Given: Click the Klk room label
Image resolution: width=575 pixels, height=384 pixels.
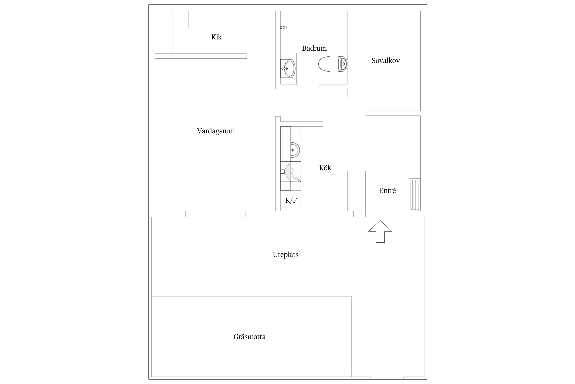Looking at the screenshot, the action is tap(216, 37).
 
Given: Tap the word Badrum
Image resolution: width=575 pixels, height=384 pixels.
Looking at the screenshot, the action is tap(314, 48).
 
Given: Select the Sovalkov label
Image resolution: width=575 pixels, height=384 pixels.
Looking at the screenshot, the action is tap(386, 61).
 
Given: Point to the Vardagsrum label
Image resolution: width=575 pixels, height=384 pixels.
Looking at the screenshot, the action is tap(216, 131).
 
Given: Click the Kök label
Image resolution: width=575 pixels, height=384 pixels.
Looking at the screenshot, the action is tap(325, 168).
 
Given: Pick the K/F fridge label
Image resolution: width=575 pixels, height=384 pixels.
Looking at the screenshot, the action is tap(291, 200).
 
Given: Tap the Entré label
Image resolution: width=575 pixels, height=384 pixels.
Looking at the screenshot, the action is tap(387, 190).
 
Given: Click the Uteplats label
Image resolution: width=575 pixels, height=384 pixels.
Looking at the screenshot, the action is tap(285, 255).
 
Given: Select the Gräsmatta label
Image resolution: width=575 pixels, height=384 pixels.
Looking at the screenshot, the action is tap(249, 337).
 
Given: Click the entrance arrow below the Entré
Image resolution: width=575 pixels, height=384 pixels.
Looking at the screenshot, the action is tap(380, 231).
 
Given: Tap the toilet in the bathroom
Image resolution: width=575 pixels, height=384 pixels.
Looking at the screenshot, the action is tap(333, 64).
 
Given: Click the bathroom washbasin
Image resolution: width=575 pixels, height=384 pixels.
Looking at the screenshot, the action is tap(288, 68).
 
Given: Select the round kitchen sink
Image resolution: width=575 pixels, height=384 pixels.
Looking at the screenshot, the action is tap(295, 150).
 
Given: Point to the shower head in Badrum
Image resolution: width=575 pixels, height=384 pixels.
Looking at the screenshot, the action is tap(283, 27).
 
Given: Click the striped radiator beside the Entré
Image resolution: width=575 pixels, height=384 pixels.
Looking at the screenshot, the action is tap(415, 195).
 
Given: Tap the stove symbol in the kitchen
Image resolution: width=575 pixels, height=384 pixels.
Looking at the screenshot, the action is tap(291, 172).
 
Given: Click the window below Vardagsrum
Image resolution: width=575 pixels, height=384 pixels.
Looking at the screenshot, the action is tap(215, 214).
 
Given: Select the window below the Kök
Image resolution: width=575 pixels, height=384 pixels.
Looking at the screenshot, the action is tap(330, 214).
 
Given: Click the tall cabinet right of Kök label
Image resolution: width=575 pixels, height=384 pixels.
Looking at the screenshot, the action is tap(356, 191).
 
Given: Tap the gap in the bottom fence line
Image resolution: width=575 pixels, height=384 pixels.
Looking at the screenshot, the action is tap(387, 378).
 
